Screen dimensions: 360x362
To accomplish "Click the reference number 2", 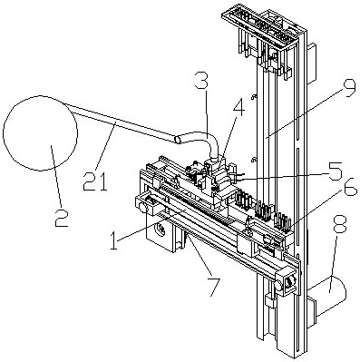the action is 62,217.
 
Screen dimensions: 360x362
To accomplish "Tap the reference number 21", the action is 95,181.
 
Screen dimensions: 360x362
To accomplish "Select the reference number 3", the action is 201,79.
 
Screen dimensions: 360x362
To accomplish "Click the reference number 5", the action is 336,171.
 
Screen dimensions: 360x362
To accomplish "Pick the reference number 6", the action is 350,187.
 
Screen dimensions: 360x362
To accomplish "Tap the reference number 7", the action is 211,286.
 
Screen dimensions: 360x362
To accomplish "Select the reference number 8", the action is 340,223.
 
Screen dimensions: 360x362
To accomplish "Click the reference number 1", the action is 113,240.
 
